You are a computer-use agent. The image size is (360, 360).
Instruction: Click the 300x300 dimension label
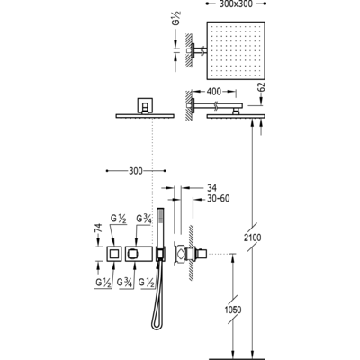(236, 4)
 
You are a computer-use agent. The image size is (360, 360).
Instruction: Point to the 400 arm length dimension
(214, 91)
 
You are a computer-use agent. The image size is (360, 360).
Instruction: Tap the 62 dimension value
(261, 86)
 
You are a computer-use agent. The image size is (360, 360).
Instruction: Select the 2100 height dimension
(252, 238)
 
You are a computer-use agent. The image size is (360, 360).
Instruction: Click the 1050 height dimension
(232, 310)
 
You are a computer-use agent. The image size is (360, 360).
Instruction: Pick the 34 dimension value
(211, 188)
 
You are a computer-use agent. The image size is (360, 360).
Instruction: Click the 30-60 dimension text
(218, 199)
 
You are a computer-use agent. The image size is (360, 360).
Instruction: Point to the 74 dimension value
(98, 229)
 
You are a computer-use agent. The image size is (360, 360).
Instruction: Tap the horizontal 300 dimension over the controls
(136, 171)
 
